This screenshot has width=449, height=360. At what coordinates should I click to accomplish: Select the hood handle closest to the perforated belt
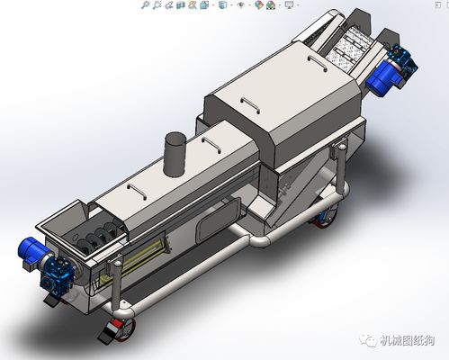click(x=314, y=62)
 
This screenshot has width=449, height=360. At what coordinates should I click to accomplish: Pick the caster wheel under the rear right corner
click(x=322, y=217)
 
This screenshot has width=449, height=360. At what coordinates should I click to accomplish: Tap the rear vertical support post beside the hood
click(x=340, y=162)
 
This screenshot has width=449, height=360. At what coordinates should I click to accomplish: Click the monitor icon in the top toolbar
click(x=289, y=5)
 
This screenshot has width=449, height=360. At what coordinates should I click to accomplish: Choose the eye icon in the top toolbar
click(x=240, y=5)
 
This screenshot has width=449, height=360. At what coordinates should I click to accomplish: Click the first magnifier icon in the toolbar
click(x=145, y=5)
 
